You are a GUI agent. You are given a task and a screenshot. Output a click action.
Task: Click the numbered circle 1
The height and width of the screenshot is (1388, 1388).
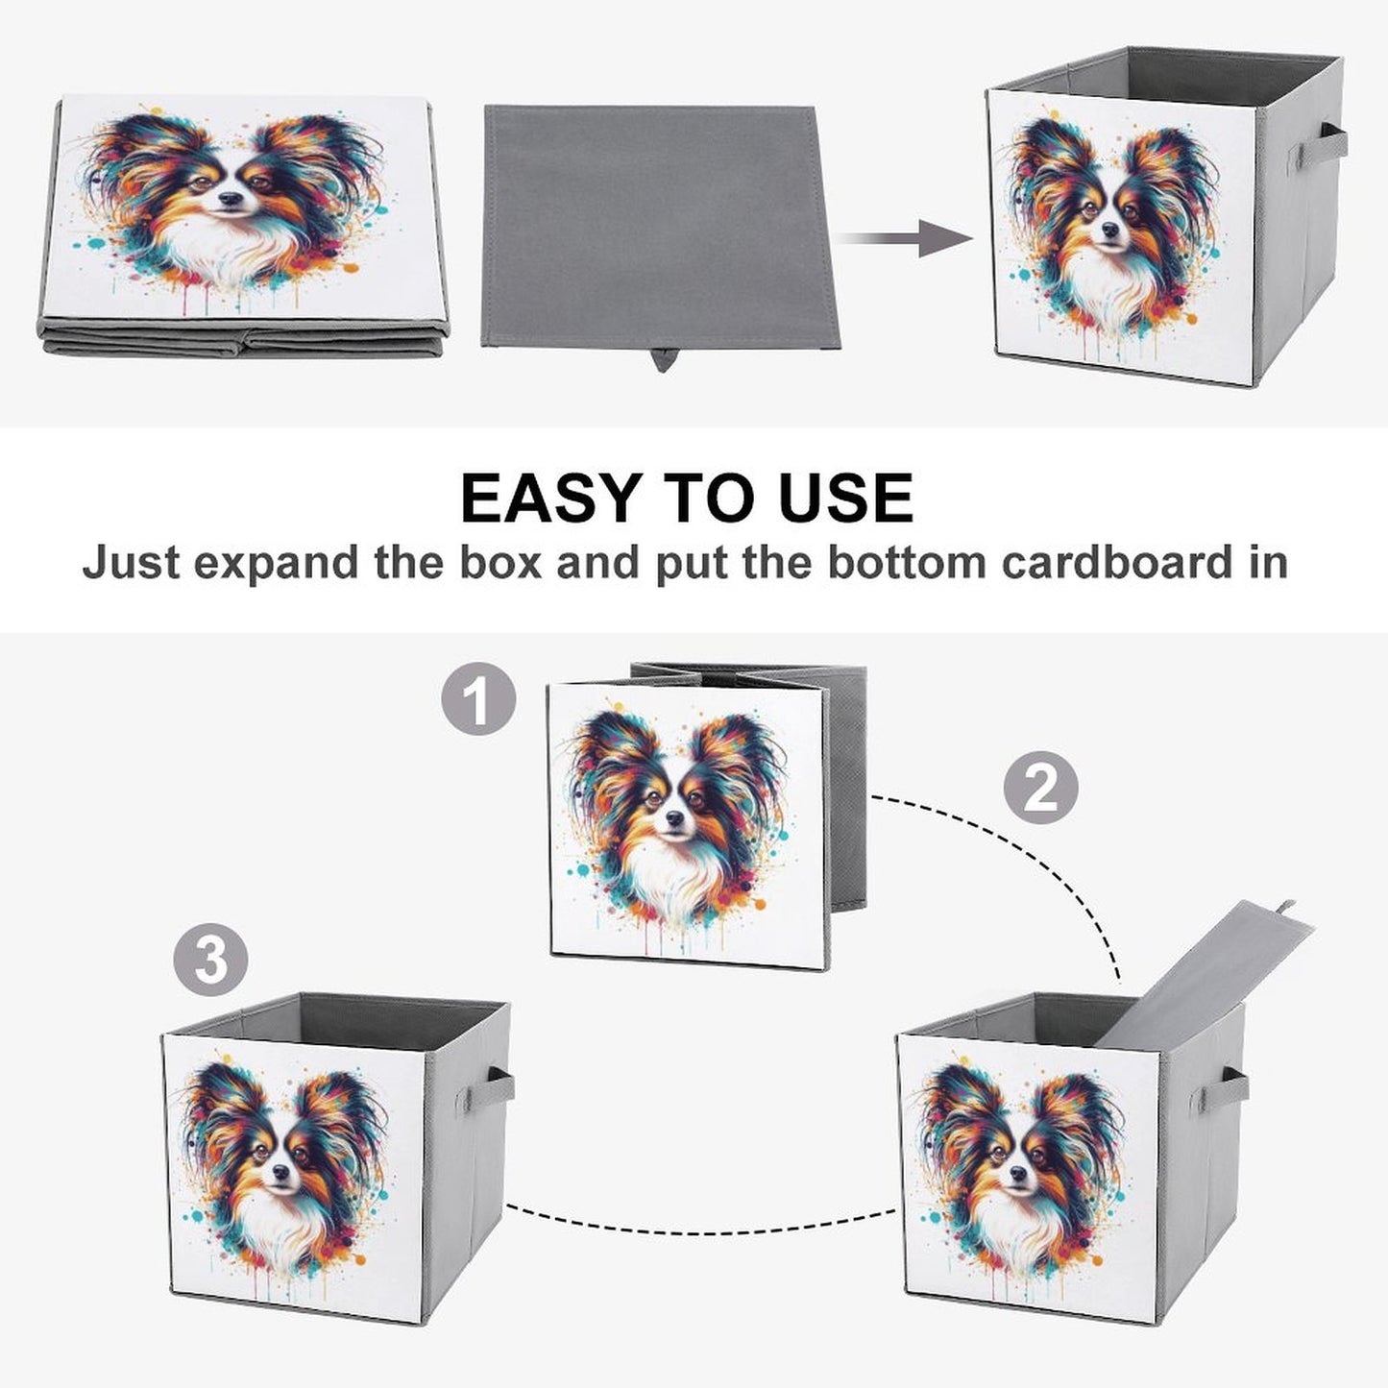click(x=478, y=698)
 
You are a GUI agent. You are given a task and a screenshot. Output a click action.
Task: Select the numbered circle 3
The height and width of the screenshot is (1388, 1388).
click(x=211, y=961)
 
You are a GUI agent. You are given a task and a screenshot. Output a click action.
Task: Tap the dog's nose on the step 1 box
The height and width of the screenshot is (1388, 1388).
click(x=674, y=816)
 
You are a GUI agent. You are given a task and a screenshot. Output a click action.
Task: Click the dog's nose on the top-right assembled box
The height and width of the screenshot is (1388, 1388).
click(x=1110, y=230)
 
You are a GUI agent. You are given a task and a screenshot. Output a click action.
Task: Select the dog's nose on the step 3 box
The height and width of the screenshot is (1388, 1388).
click(x=280, y=1171)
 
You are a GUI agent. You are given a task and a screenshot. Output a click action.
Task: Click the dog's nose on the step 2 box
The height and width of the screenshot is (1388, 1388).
click(x=1018, y=1172)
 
